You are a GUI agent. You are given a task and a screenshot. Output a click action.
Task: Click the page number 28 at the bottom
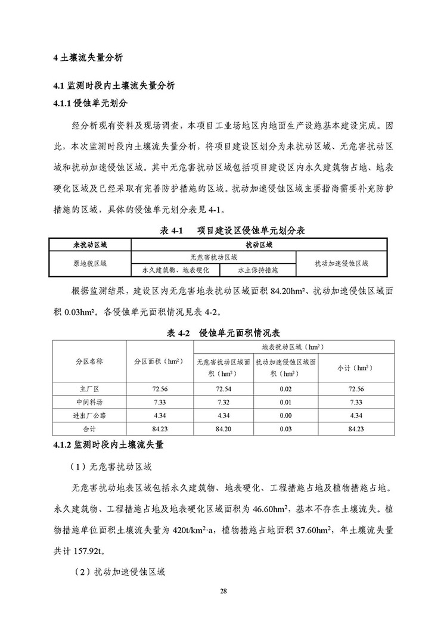pyautogui.click(x=223, y=591)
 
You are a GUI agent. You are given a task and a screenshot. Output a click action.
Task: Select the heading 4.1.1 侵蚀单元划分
pyautogui.click(x=90, y=103)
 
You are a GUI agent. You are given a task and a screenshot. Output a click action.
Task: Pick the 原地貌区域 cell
pyautogui.click(x=89, y=263)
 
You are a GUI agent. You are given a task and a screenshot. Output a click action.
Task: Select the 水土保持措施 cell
pyautogui.click(x=257, y=270)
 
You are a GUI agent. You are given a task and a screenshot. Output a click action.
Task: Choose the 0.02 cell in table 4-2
pyautogui.click(x=284, y=389)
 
